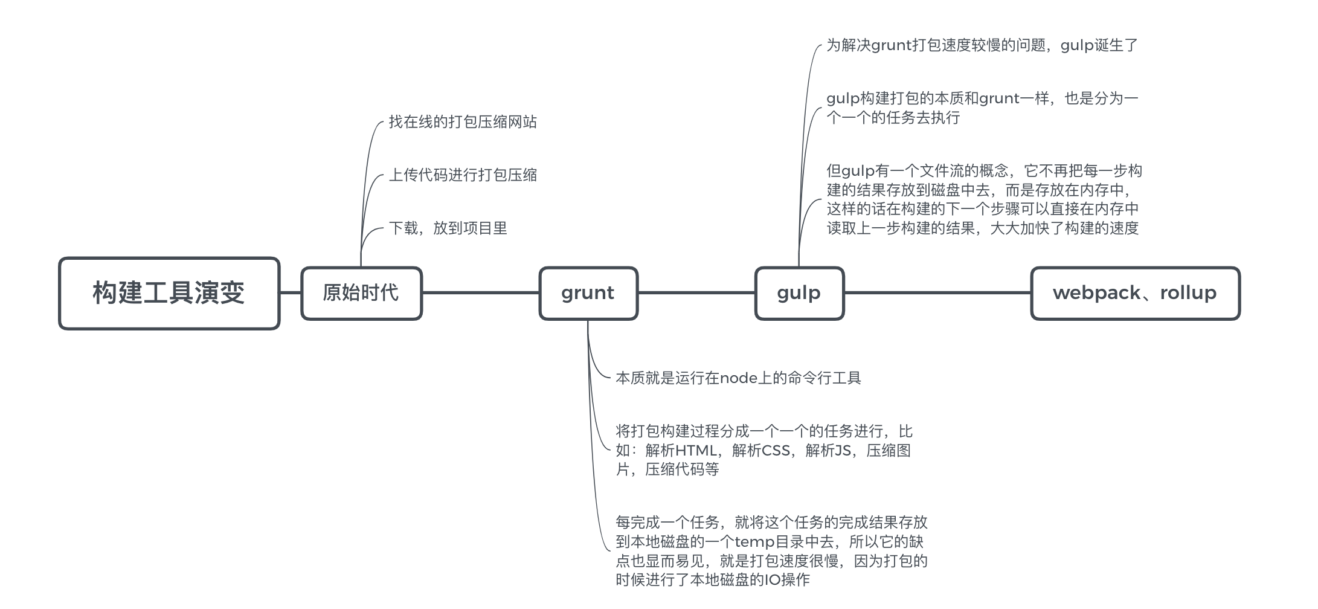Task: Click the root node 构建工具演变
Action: coord(169,294)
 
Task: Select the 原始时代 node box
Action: coord(361,293)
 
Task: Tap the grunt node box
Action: coord(588,293)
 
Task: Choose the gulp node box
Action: coord(799,293)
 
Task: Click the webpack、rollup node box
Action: coord(1135,293)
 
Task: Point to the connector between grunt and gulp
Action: coord(696,293)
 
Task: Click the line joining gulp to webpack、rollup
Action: coord(937,293)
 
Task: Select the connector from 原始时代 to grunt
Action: coord(481,293)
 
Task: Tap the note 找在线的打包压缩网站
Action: coord(463,122)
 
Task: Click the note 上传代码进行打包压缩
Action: coord(463,175)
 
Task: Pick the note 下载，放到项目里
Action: coord(448,228)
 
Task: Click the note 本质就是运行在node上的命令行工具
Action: coord(738,378)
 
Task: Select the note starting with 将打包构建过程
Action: coord(763,450)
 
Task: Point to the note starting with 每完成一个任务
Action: coord(771,551)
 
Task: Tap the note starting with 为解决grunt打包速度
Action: coord(982,45)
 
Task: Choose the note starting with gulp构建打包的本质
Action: coord(982,108)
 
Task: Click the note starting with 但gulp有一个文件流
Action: coord(984,199)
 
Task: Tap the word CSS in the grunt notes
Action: coord(776,451)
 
